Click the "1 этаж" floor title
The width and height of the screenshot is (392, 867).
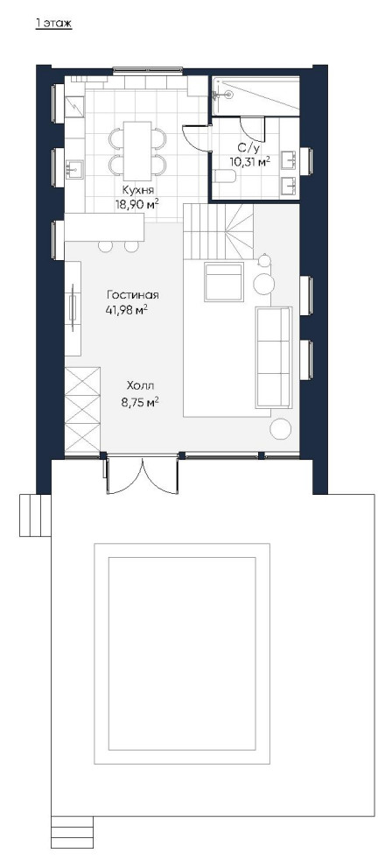(53, 24)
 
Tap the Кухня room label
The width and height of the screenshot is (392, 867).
(137, 190)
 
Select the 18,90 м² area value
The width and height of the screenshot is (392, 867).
(136, 204)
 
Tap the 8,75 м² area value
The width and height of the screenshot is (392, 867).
(140, 403)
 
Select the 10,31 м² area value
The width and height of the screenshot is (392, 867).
(250, 161)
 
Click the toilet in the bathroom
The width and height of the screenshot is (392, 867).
(225, 177)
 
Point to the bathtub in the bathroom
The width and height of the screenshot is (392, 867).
(256, 95)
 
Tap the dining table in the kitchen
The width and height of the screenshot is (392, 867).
(137, 149)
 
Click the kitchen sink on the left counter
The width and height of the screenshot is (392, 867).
(74, 167)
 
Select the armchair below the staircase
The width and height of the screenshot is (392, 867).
(224, 282)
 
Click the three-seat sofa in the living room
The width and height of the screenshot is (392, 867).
(273, 358)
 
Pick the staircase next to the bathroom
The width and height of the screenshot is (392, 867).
(218, 231)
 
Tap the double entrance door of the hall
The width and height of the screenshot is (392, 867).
(143, 475)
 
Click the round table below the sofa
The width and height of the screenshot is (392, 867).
(281, 429)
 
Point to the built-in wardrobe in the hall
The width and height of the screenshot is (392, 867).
(82, 409)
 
